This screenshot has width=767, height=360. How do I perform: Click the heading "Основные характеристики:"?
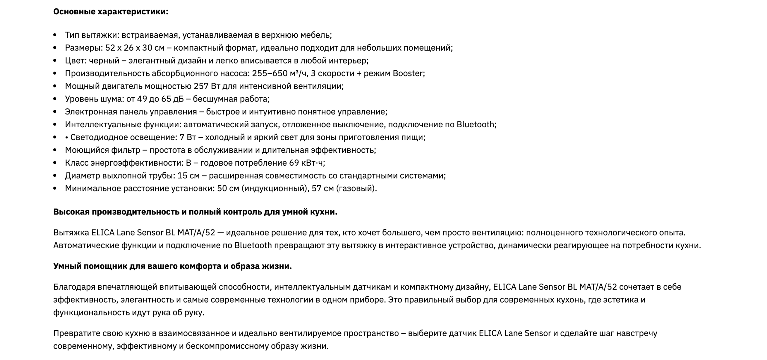pyautogui.click(x=111, y=12)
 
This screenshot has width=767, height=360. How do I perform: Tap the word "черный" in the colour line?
pyautogui.click(x=104, y=61)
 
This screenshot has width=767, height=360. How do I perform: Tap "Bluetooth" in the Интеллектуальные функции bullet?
pyautogui.click(x=475, y=125)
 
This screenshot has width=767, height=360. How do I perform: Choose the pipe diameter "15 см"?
pyautogui.click(x=188, y=176)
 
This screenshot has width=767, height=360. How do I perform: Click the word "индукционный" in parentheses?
pyautogui.click(x=274, y=189)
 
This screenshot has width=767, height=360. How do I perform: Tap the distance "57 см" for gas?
pyautogui.click(x=322, y=189)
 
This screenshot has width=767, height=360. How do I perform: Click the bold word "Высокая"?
pyautogui.click(x=71, y=212)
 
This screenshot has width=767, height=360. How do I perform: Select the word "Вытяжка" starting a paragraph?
pyautogui.click(x=71, y=233)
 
